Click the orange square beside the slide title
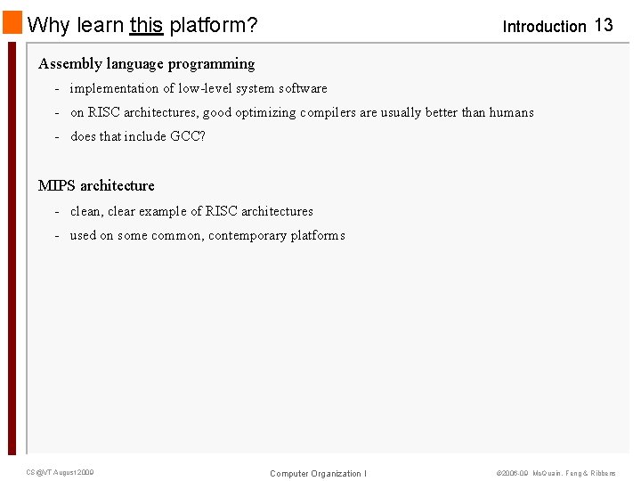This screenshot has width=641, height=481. (x=12, y=23)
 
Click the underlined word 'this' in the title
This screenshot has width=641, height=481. (x=146, y=25)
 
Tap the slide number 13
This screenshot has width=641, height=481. (x=604, y=25)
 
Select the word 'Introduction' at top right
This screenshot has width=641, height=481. (x=544, y=27)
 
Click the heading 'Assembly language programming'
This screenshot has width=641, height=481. (x=146, y=64)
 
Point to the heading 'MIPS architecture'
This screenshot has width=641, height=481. (x=96, y=185)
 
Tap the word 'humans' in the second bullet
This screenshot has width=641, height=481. (x=511, y=112)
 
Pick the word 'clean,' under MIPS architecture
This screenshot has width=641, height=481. (x=86, y=211)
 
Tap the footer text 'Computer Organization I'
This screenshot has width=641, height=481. (x=318, y=473)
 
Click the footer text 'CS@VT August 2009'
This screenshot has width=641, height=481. (x=60, y=472)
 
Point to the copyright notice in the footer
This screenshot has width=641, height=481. (x=556, y=473)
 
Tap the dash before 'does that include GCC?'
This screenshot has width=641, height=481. (x=57, y=136)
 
